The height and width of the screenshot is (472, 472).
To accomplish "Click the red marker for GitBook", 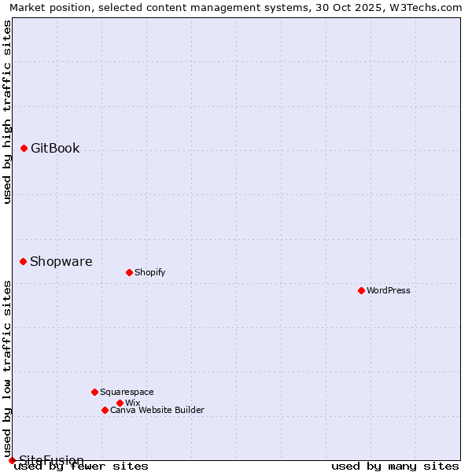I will [x=24, y=148].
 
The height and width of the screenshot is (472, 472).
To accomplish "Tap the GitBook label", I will [x=55, y=148].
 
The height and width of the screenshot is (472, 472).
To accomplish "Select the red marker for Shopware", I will [x=23, y=261].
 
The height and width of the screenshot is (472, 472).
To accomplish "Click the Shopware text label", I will [x=61, y=261].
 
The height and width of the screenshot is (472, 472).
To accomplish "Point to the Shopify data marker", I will [x=129, y=272].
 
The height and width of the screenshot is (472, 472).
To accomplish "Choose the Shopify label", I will [x=149, y=272].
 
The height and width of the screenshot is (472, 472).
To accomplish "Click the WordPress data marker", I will [x=361, y=290].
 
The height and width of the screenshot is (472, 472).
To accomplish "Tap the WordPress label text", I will [x=389, y=290].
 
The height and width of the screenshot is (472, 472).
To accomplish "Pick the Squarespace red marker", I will [x=94, y=392].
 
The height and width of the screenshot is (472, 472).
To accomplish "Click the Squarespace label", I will [x=127, y=392].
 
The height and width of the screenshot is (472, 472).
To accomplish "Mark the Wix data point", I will [x=120, y=403].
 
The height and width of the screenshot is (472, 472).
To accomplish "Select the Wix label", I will [x=133, y=403].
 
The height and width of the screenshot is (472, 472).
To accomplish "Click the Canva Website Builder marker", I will [x=105, y=410].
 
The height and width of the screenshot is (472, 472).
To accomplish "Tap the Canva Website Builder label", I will [x=157, y=410].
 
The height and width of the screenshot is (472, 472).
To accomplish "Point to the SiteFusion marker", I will [x=12, y=460].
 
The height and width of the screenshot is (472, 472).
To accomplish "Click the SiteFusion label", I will [x=51, y=460].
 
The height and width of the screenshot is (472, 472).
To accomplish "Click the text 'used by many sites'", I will [x=395, y=466].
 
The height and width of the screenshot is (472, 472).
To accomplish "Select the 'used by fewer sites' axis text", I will [x=81, y=466].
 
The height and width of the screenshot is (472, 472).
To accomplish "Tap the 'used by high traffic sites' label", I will [x=7, y=112].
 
